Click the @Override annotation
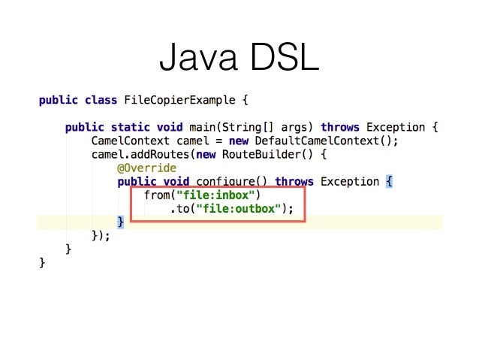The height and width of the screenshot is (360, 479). (x=146, y=168)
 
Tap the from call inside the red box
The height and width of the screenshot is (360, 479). (x=158, y=195)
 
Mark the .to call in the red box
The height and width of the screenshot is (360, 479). (x=181, y=209)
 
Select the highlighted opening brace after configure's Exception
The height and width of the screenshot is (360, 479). (x=389, y=182)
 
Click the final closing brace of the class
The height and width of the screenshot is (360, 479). (x=42, y=263)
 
